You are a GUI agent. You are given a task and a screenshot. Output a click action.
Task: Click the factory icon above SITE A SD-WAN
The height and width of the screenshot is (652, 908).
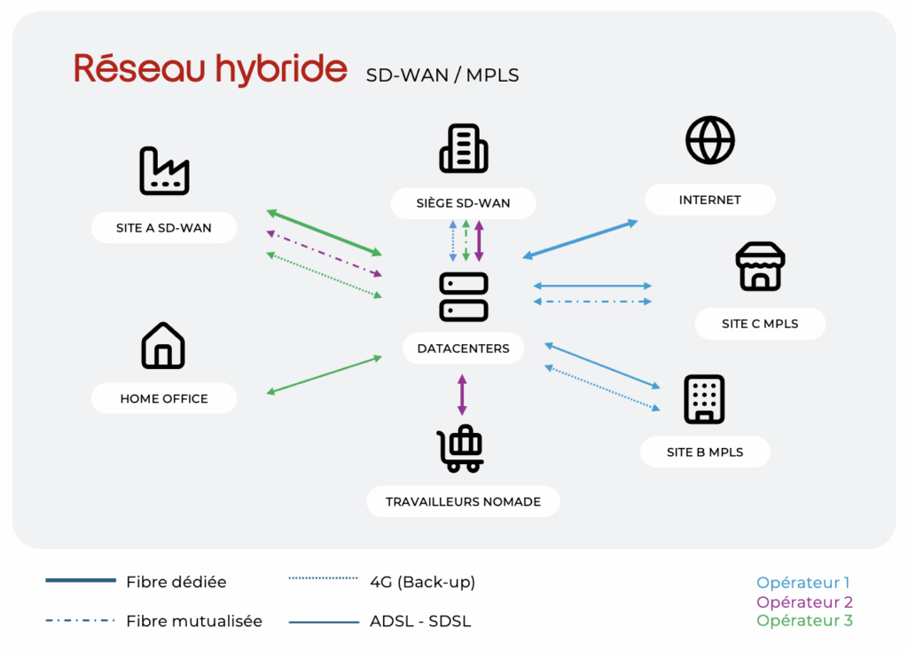pyautogui.click(x=164, y=171)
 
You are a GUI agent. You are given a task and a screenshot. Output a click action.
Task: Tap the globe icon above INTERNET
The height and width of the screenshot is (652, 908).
pyautogui.click(x=710, y=140)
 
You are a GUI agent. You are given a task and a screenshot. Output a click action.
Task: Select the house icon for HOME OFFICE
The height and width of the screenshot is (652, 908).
pyautogui.click(x=163, y=345)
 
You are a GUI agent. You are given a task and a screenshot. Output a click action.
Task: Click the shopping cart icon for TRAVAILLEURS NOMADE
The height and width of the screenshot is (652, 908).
pyautogui.click(x=460, y=449)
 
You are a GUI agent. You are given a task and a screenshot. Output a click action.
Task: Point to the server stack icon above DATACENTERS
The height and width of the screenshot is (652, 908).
pyautogui.click(x=463, y=297)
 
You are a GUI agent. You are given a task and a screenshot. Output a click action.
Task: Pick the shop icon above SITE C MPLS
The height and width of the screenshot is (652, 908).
pyautogui.click(x=760, y=266)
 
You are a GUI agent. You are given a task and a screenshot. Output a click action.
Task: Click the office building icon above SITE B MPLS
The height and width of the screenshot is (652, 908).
pyautogui.click(x=704, y=399)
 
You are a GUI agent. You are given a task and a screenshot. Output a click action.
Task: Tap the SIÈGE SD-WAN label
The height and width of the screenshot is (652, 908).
pyautogui.click(x=463, y=203)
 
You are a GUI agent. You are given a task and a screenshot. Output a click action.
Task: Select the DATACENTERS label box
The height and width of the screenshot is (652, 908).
pyautogui.click(x=463, y=349)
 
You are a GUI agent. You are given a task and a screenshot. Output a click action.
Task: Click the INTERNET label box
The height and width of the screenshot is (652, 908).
pyautogui.click(x=710, y=200)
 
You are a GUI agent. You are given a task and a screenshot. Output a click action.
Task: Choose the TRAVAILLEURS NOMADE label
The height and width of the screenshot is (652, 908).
pyautogui.click(x=463, y=501)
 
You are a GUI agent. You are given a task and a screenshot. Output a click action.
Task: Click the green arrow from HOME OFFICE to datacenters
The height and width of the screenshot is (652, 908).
pyautogui.click(x=325, y=375)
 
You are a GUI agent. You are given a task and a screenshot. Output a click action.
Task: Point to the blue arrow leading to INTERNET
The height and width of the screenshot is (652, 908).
pyautogui.click(x=580, y=240)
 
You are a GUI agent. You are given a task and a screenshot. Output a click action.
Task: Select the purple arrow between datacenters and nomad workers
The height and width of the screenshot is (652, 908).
pyautogui.click(x=462, y=395)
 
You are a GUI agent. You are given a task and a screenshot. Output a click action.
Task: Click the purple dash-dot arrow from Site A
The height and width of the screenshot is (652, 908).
pyautogui.click(x=325, y=254)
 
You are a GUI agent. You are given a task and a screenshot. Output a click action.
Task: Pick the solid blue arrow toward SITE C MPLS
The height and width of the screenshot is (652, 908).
pyautogui.click(x=592, y=286)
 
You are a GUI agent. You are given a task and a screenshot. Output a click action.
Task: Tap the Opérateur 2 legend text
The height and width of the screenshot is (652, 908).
pyautogui.click(x=804, y=602)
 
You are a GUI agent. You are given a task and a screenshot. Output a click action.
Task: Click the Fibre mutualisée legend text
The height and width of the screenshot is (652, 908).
pyautogui.click(x=194, y=621)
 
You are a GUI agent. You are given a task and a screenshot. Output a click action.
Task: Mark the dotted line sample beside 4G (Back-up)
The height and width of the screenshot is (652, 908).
pyautogui.click(x=324, y=577)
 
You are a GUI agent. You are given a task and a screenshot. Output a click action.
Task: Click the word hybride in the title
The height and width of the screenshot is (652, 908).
pyautogui.click(x=281, y=69)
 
